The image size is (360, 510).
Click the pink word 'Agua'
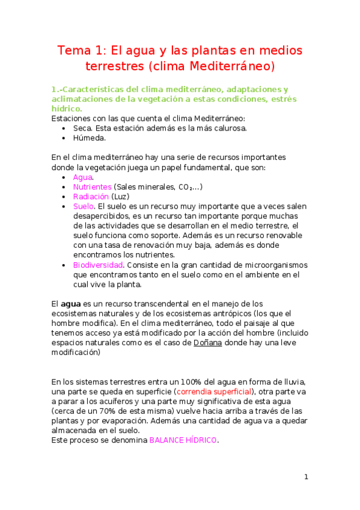[82, 177]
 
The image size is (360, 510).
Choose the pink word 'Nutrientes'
[92, 187]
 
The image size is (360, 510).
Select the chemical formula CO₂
[186, 187]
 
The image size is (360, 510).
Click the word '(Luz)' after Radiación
[121, 197]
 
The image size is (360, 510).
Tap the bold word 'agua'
[71, 304]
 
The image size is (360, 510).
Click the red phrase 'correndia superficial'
[217, 392]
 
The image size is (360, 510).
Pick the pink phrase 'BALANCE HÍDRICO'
[183, 440]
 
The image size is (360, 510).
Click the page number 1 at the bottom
[306, 477]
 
